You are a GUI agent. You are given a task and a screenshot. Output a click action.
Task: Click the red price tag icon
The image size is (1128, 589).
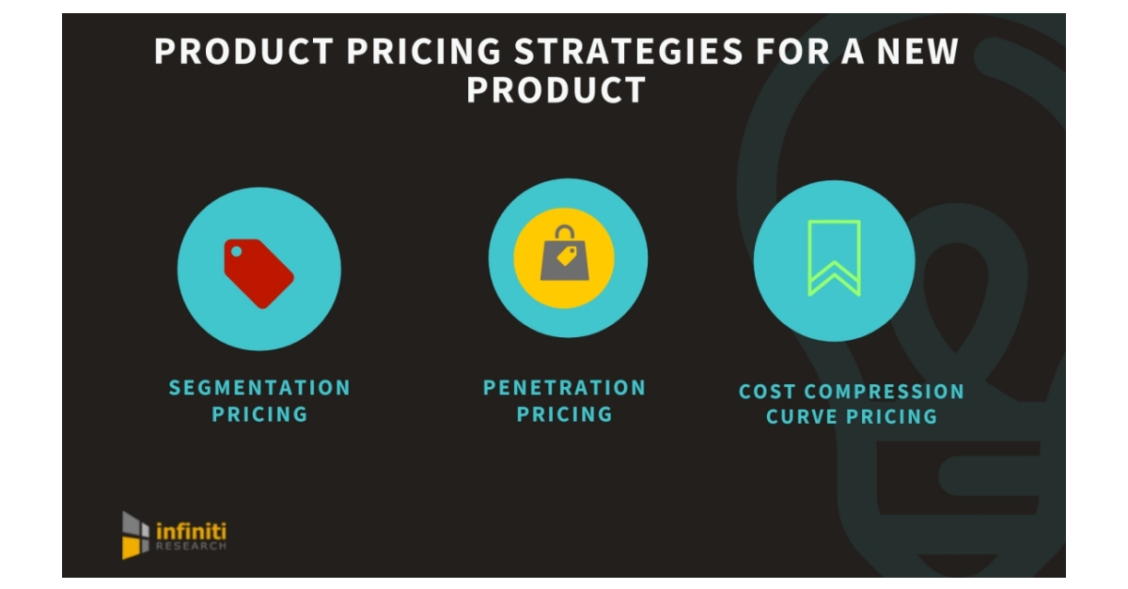coord(258,272)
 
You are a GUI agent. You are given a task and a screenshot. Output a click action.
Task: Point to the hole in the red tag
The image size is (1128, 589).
coord(236,252)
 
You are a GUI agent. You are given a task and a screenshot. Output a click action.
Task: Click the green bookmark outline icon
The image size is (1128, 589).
coord(834,258)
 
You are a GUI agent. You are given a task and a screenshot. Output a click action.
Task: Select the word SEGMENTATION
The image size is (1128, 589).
coord(259,387)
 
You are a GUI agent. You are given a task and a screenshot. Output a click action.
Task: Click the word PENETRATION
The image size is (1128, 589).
coord(564,387)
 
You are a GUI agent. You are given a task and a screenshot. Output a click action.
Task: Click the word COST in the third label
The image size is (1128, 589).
coord(768,392)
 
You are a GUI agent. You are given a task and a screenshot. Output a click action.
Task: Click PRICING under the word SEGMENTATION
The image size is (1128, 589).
coord(259,414)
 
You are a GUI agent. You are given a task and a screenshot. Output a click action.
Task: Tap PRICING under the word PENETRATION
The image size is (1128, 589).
coord(564,414)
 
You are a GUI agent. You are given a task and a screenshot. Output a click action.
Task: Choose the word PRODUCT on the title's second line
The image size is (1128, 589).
coord(556,90)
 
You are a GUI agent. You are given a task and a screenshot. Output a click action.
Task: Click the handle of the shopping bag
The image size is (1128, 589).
coord(564,233)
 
